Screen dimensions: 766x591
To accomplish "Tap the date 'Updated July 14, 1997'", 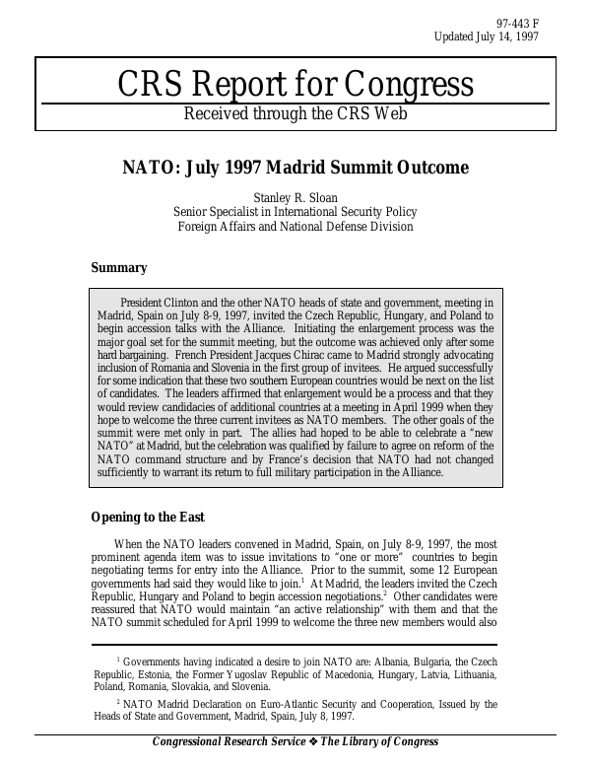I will [487, 36].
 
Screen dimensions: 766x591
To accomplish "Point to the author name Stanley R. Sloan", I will [295, 197].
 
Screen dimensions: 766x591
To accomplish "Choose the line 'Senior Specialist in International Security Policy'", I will [295, 212].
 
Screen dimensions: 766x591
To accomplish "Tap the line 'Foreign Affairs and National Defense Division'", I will [295, 227].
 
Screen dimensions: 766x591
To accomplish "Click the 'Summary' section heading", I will [119, 267].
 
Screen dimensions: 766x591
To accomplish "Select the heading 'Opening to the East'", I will [148, 517].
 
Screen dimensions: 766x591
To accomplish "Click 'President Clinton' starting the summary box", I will [166, 302].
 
